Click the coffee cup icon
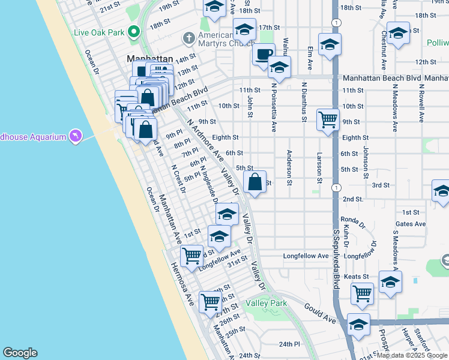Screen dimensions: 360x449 (x=263, y=55)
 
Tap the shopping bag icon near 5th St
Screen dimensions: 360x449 (x=255, y=181)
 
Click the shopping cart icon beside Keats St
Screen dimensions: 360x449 (x=363, y=293)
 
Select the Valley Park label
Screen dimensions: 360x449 (x=266, y=304)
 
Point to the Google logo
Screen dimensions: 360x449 (x=20, y=353)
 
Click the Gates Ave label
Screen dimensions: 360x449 (x=411, y=224)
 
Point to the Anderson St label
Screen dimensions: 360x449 (x=289, y=167)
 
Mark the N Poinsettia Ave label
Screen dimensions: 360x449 (x=274, y=107)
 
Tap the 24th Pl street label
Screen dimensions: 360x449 (x=289, y=344)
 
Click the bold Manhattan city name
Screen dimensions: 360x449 (x=149, y=59)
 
